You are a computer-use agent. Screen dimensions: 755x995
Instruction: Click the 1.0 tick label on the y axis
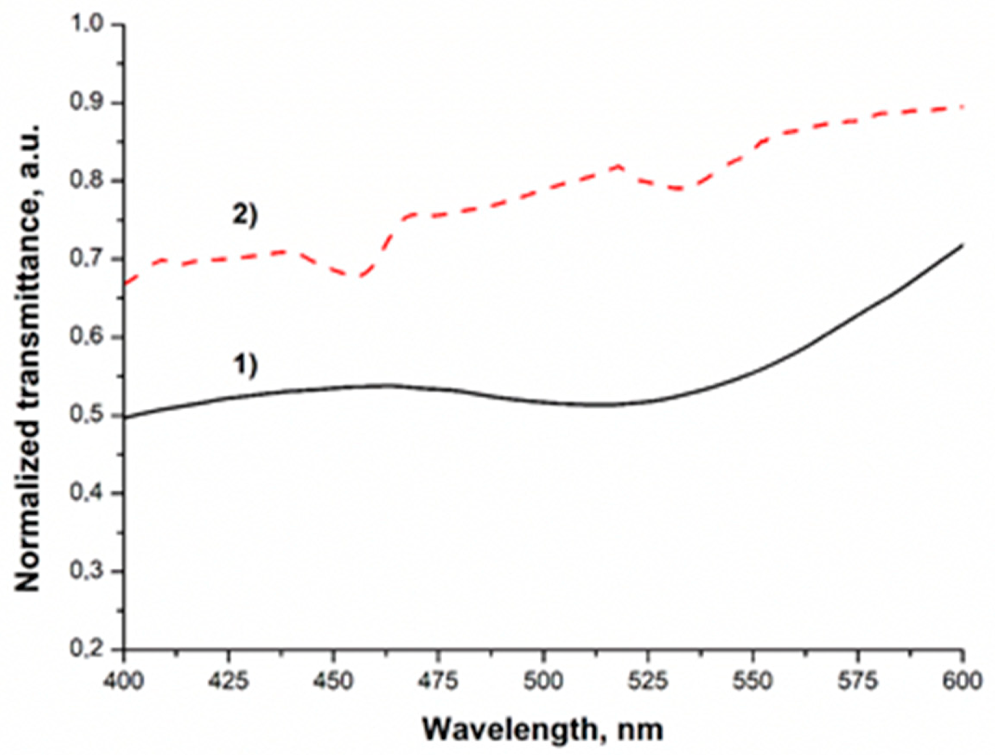[89, 25]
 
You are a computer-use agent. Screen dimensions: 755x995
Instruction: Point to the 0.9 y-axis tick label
[89, 103]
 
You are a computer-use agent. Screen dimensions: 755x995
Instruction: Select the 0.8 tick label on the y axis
[89, 181]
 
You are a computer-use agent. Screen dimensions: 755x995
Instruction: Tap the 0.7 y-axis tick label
[89, 259]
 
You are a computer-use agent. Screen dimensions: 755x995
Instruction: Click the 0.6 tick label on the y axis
[89, 337]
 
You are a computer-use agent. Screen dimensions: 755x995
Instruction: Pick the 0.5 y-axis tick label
[89, 415]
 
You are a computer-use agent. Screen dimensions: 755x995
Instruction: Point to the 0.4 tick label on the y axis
[89, 493]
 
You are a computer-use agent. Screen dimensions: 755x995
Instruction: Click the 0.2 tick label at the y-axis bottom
[89, 649]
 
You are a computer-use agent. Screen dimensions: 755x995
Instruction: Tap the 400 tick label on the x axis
[124, 681]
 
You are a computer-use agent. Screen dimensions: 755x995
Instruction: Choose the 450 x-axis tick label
[334, 681]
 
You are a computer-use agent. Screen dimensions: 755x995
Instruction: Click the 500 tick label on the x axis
[544, 681]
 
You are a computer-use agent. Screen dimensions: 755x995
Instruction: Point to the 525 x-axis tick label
[648, 681]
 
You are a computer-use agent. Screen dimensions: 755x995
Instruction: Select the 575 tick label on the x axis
[858, 681]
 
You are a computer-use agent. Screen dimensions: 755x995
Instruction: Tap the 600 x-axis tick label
[962, 681]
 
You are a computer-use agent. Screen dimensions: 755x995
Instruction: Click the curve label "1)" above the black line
[245, 365]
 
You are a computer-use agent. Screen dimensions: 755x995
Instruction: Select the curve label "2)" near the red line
[245, 216]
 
